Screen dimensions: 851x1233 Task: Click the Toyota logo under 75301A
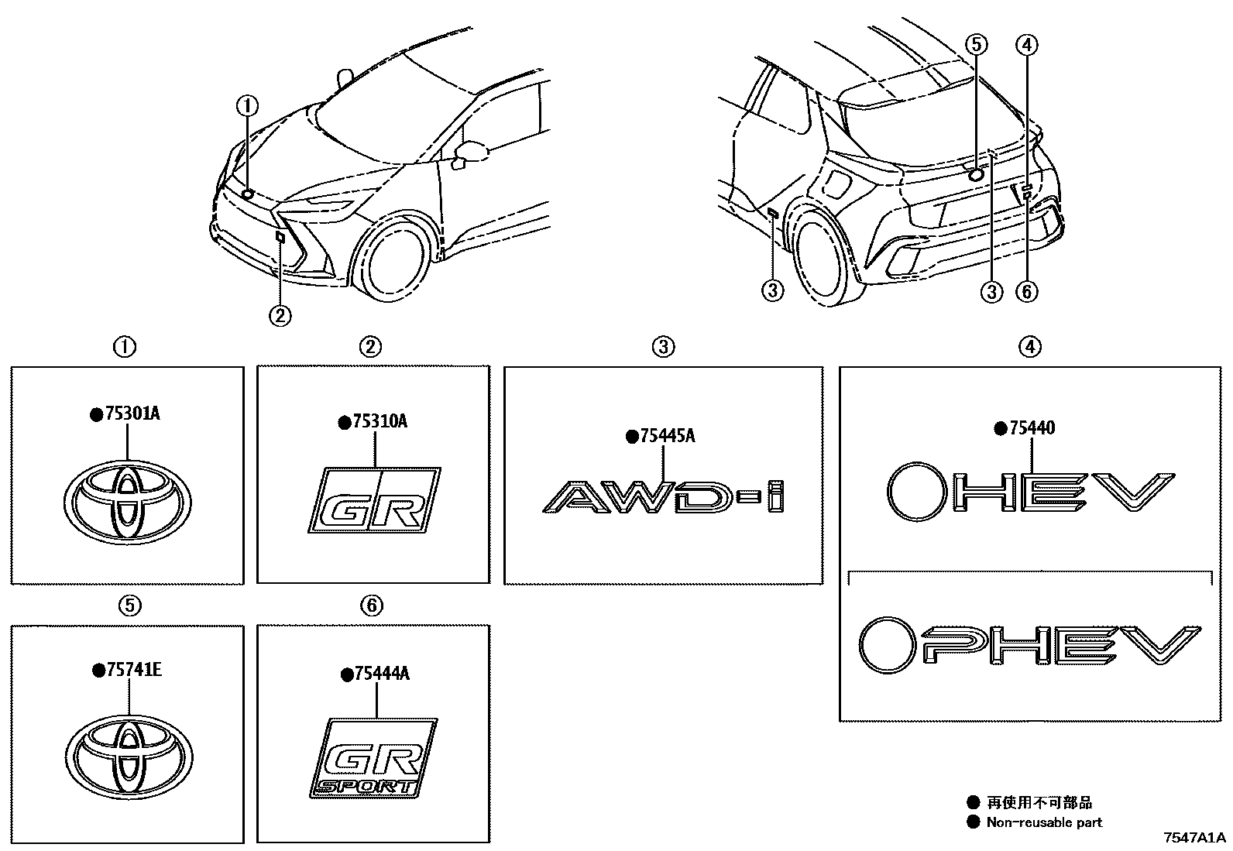127,503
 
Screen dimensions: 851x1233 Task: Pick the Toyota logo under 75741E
129,758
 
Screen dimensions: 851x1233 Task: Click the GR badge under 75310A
375,500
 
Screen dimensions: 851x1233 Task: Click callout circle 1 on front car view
247,105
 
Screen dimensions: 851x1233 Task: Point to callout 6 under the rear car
1026,291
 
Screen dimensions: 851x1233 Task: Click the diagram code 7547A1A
1194,838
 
